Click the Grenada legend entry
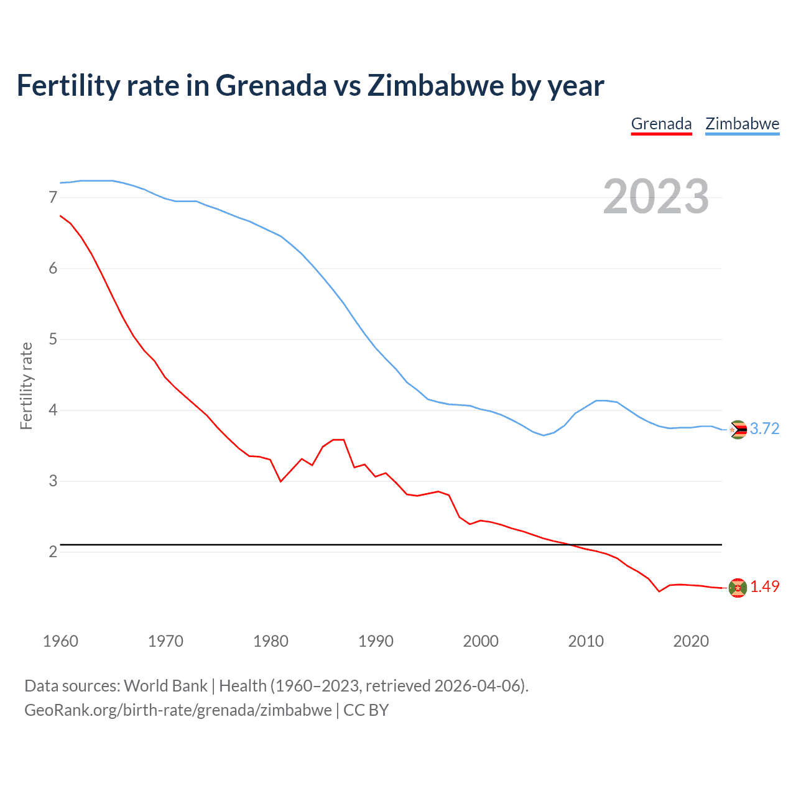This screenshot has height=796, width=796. pyautogui.click(x=661, y=124)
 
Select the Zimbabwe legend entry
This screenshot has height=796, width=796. pyautogui.click(x=742, y=124)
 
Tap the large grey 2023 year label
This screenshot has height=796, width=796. pyautogui.click(x=655, y=197)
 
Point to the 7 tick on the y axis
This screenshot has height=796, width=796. pyautogui.click(x=53, y=198)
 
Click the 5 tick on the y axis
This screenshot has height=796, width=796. pyautogui.click(x=53, y=340)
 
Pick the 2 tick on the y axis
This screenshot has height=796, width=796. pyautogui.click(x=53, y=552)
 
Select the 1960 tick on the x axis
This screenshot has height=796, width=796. pyautogui.click(x=60, y=641)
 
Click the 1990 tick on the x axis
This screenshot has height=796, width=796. pyautogui.click(x=376, y=641)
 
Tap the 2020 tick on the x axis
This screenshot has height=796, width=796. pyautogui.click(x=691, y=641)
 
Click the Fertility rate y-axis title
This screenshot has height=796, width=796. pyautogui.click(x=26, y=386)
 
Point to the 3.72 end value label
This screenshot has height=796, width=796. pyautogui.click(x=764, y=429)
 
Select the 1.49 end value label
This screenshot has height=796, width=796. pyautogui.click(x=764, y=587)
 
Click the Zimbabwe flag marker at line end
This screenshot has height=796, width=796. pyautogui.click(x=738, y=430)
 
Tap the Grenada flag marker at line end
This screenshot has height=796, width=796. pyautogui.click(x=738, y=588)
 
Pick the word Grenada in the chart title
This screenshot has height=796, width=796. pyautogui.click(x=271, y=86)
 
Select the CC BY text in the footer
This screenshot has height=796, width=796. pyautogui.click(x=366, y=710)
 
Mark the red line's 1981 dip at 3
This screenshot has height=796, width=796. pyautogui.click(x=281, y=481)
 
